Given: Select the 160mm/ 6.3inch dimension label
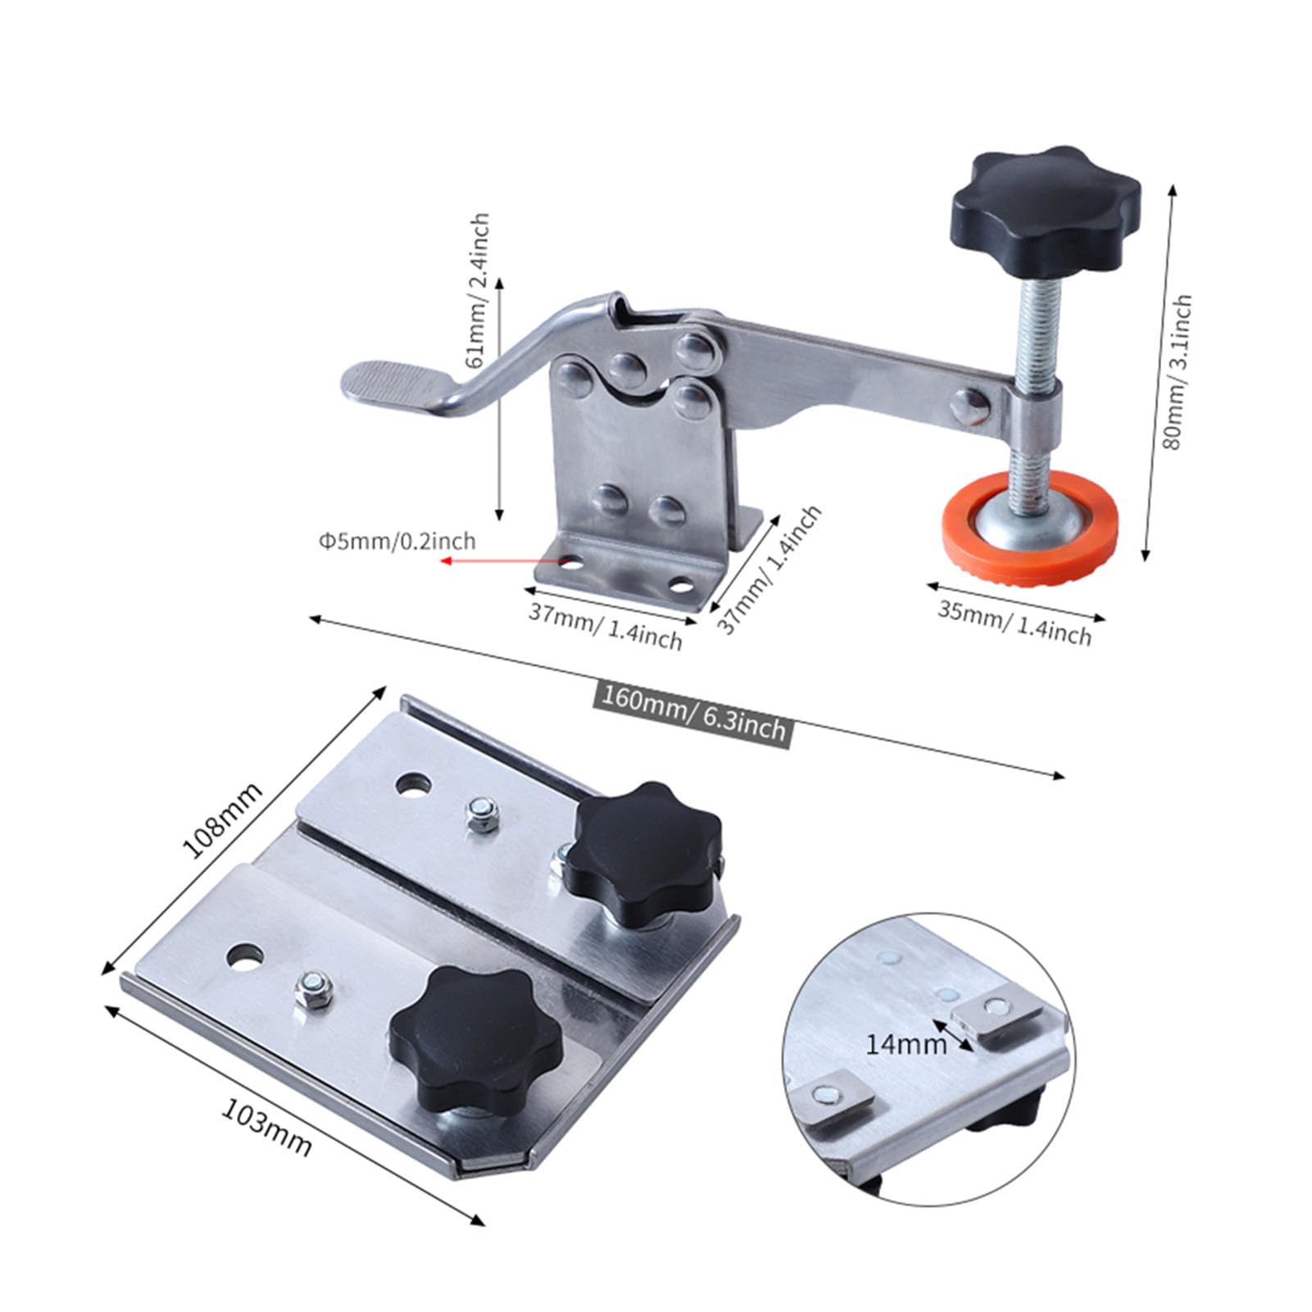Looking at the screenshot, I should pyautogui.click(x=693, y=710).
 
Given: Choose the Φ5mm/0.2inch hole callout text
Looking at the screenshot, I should pyautogui.click(x=397, y=541).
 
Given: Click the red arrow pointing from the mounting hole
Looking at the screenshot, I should pyautogui.click(x=500, y=561).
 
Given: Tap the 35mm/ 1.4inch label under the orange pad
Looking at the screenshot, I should pyautogui.click(x=1015, y=622).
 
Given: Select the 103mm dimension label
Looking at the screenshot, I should pyautogui.click(x=266, y=1126).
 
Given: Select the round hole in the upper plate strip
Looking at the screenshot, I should pyautogui.click(x=413, y=784).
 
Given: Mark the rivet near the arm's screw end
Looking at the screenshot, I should pyautogui.click(x=969, y=403).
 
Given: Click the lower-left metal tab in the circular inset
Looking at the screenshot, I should pyautogui.click(x=832, y=1095).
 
